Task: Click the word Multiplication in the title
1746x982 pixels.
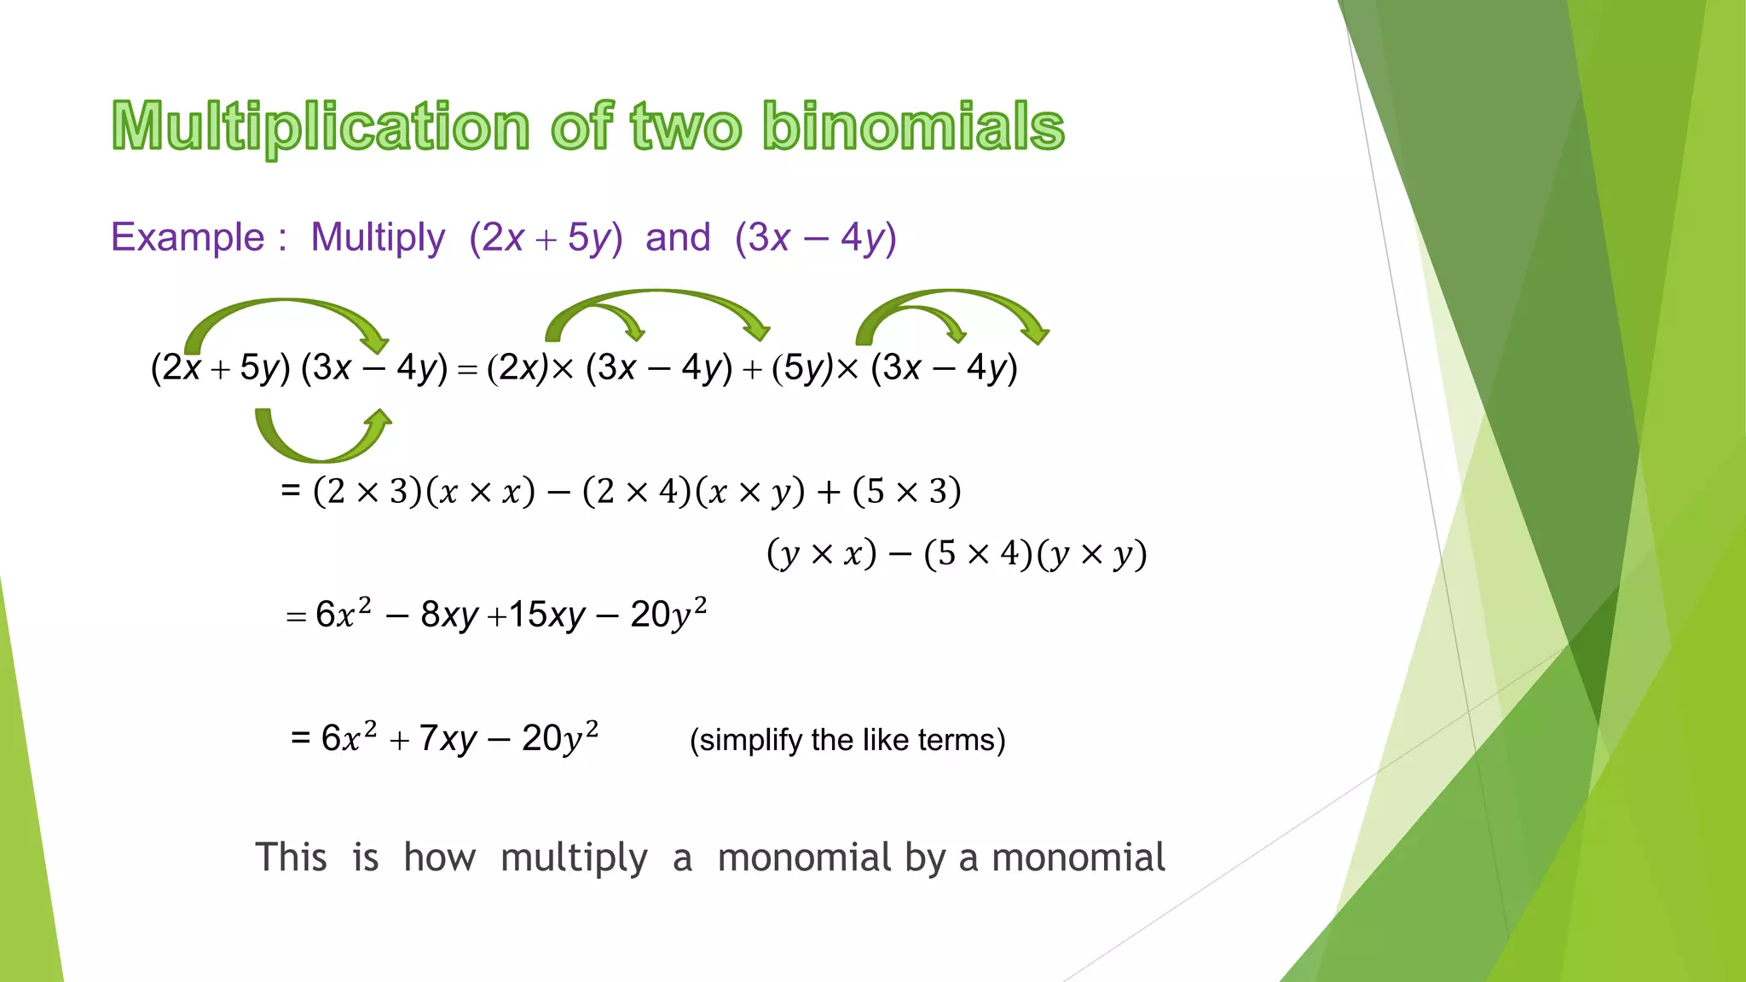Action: point(321,126)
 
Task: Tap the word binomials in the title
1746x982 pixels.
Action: point(913,126)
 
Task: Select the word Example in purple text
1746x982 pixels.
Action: point(188,237)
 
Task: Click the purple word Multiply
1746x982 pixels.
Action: point(378,237)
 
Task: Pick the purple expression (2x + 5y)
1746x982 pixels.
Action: point(546,237)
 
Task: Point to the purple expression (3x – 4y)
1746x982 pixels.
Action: point(816,237)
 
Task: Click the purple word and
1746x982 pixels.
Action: point(678,237)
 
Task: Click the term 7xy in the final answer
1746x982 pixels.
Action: point(448,738)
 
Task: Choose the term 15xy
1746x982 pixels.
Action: point(547,615)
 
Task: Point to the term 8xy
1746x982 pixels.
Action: point(449,615)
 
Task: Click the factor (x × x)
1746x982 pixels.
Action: point(480,492)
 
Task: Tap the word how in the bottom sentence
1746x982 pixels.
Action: point(439,857)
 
